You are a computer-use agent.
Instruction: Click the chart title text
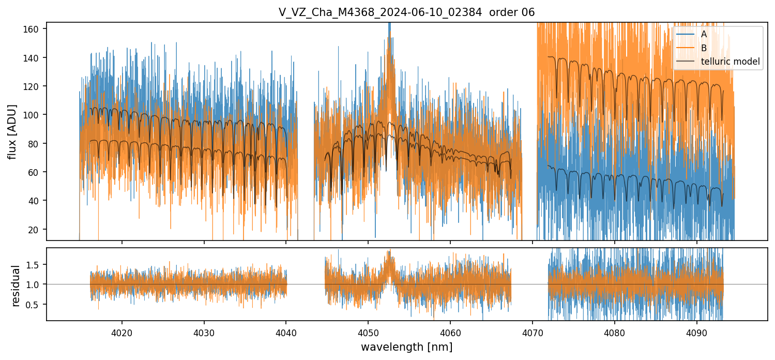406,12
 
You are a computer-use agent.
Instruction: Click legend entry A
704,35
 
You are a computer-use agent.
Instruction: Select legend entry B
704,48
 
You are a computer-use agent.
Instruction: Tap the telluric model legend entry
730,62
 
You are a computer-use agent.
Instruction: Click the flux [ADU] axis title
12,131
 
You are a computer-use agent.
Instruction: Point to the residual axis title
16,285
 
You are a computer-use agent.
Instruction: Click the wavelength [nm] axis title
406,347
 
